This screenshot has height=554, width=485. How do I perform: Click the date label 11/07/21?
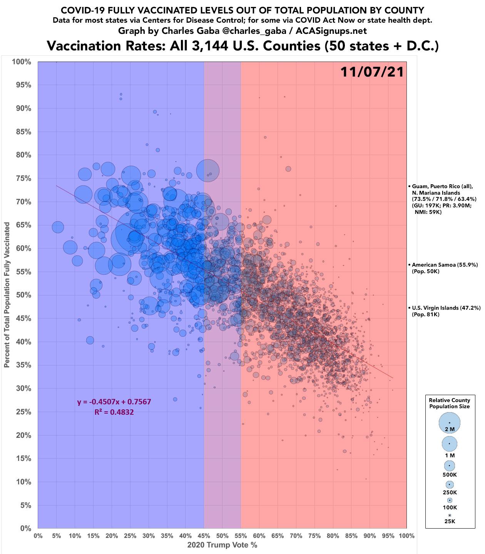coord(372,72)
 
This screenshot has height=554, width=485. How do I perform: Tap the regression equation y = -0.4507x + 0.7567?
coord(114,402)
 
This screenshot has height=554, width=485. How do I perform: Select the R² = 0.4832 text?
coord(114,412)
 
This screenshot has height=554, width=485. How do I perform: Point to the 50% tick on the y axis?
coord(23,295)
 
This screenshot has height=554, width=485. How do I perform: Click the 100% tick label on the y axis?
coord(22,62)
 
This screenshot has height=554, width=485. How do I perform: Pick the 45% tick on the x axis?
coord(204,536)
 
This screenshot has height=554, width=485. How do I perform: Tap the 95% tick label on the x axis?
coord(388,536)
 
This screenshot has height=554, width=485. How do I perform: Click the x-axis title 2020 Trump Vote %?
coord(222,545)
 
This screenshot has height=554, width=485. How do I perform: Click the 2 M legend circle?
coord(450,423)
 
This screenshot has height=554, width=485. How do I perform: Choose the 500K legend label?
coord(450,475)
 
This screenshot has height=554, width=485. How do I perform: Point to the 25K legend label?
coord(450,521)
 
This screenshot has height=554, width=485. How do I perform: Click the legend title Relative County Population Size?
coord(450,403)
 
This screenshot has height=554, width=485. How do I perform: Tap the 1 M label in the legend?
coord(450,456)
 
